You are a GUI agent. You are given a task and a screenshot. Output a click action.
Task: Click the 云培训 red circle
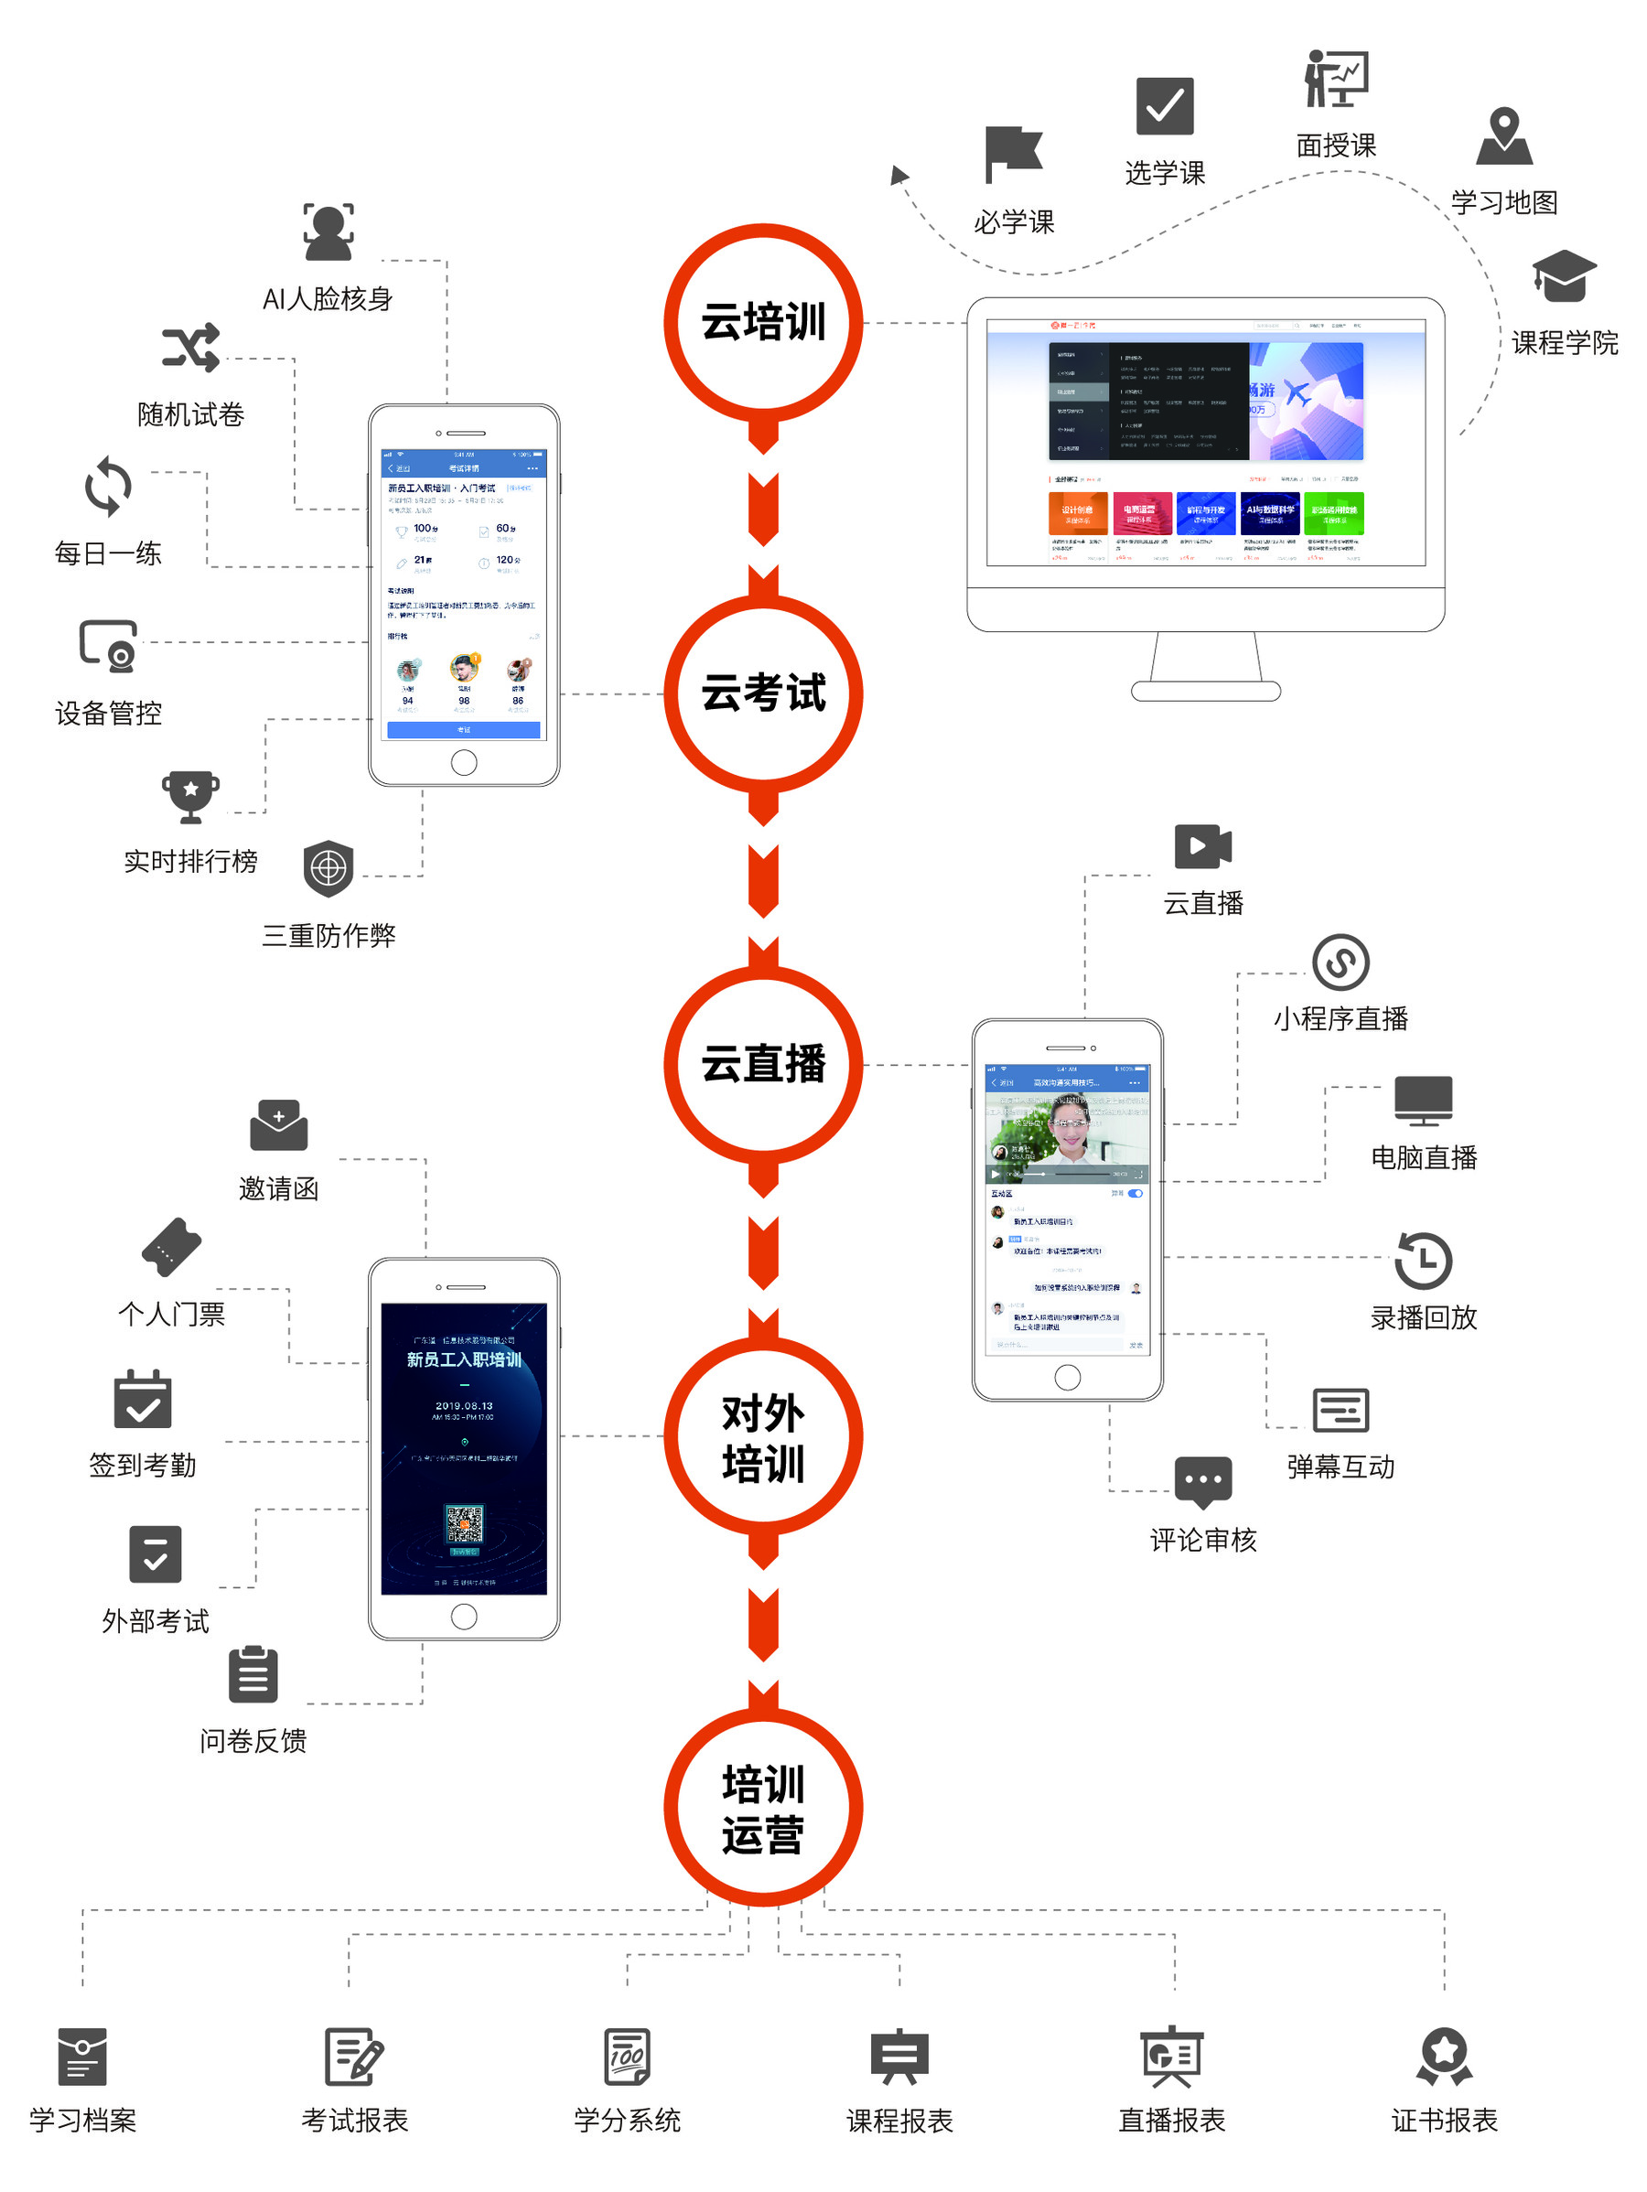(x=763, y=322)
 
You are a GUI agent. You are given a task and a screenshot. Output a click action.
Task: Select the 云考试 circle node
(x=763, y=693)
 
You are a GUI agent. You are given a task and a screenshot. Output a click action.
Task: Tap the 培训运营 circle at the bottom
(x=763, y=1808)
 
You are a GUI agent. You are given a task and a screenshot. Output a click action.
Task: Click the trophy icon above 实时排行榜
(x=190, y=796)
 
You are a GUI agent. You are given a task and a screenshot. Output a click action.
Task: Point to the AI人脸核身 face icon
(x=328, y=231)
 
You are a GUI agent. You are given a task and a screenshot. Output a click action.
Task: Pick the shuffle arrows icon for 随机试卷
(x=190, y=348)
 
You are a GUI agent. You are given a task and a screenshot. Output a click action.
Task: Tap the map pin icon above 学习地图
(x=1503, y=135)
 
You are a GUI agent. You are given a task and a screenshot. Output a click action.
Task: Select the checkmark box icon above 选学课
(x=1165, y=106)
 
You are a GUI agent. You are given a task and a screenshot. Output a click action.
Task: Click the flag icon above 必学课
(x=1013, y=154)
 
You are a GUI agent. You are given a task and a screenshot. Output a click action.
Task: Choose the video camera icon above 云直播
(x=1202, y=846)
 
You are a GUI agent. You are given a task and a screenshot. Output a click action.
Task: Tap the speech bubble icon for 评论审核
(x=1203, y=1481)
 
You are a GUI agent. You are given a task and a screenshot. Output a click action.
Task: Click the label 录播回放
(x=1423, y=1317)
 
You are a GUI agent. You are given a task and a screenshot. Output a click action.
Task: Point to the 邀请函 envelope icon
(x=278, y=1125)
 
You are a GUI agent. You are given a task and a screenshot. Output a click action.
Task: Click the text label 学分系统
(x=628, y=2120)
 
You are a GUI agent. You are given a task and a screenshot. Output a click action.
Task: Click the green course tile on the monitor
(x=1333, y=513)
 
